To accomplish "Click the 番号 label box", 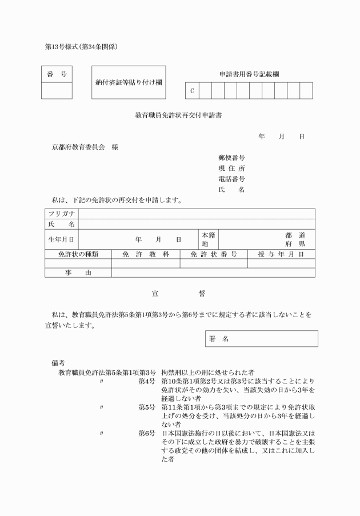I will tap(57, 74).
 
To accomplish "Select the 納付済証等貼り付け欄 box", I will tap(129, 82).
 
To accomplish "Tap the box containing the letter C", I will tap(192, 91).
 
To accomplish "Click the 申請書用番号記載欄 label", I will tap(249, 74).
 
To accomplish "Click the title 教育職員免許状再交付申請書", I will tap(178, 115).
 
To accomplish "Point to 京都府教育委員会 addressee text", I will tap(78, 147).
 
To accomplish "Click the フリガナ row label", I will tap(61, 214).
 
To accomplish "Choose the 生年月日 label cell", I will tap(61, 239).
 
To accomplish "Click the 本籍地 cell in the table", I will tap(208, 239).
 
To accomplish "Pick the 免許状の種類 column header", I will tap(78, 254).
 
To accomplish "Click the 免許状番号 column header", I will tap(214, 254).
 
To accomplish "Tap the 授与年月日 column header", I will tap(281, 254).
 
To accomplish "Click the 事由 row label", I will tap(78, 273).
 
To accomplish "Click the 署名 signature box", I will tap(261, 339).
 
